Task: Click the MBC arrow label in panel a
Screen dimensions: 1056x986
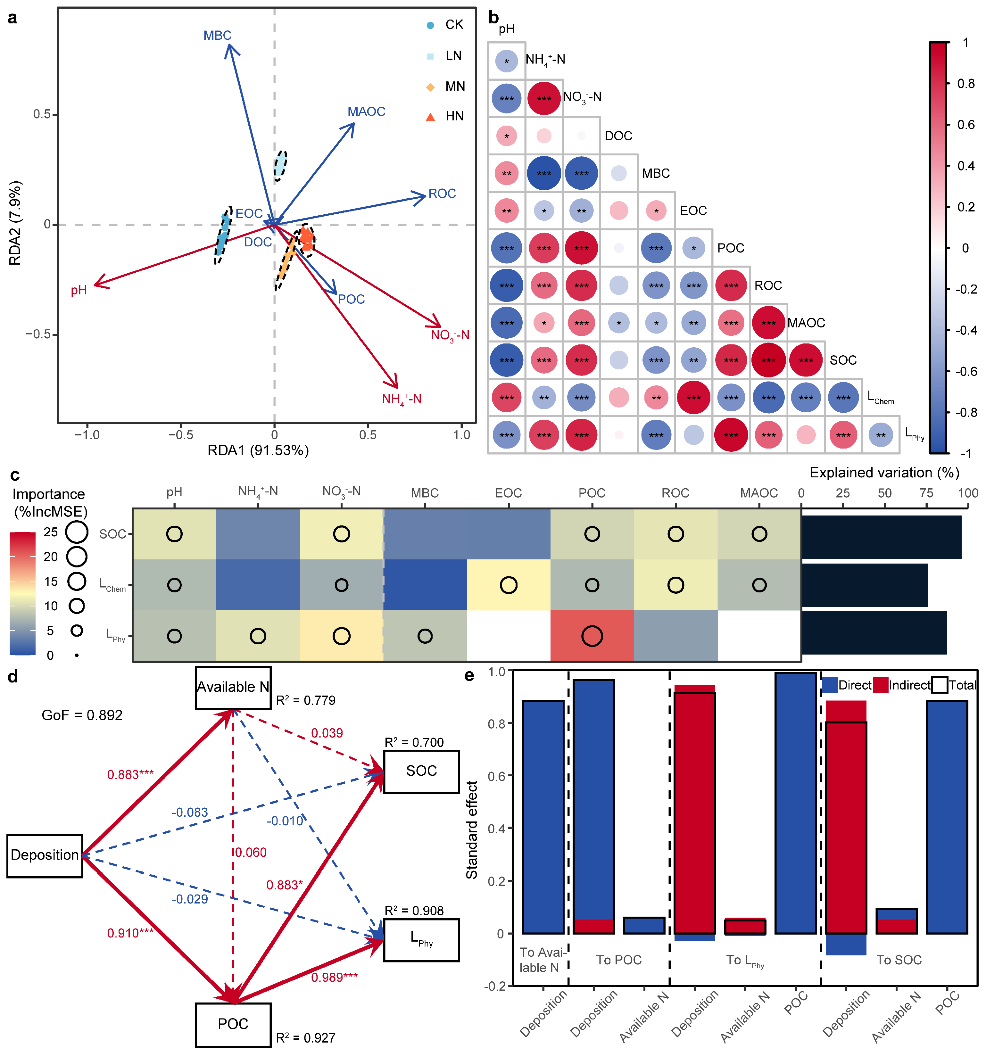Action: pos(217,36)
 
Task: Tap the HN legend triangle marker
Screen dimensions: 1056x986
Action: pos(430,117)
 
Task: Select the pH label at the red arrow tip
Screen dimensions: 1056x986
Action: pos(79,290)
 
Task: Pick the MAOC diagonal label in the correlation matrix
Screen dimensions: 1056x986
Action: pos(806,323)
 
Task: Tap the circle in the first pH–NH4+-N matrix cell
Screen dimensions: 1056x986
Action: pos(506,61)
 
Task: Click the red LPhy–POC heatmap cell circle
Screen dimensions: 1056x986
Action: pos(592,636)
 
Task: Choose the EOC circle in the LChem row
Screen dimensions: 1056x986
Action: pos(509,585)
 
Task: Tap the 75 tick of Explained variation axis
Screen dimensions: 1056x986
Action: pos(926,493)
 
